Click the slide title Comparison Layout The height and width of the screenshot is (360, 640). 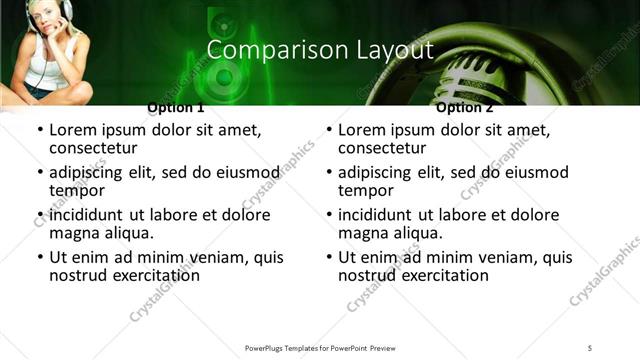(x=319, y=49)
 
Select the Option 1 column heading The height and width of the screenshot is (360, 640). (x=175, y=107)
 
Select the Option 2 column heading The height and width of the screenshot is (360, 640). (x=465, y=107)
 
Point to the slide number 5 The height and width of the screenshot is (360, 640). (x=591, y=347)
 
